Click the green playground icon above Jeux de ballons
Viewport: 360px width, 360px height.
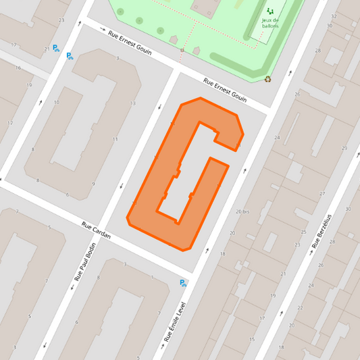tap(271, 11)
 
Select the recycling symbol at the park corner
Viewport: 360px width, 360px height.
tap(267, 78)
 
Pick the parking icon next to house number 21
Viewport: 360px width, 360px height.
tap(57, 49)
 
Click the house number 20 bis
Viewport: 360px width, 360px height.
tap(242, 211)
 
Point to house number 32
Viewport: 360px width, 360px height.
tap(334, 16)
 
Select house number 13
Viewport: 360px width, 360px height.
tap(132, 103)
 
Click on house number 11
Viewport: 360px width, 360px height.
tap(115, 139)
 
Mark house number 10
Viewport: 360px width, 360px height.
tap(56, 103)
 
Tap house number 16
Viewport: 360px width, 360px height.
tap(18, 68)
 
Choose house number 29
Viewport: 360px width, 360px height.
tap(344, 148)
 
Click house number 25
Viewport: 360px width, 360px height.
tap(304, 233)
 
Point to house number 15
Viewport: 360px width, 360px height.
tap(251, 339)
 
